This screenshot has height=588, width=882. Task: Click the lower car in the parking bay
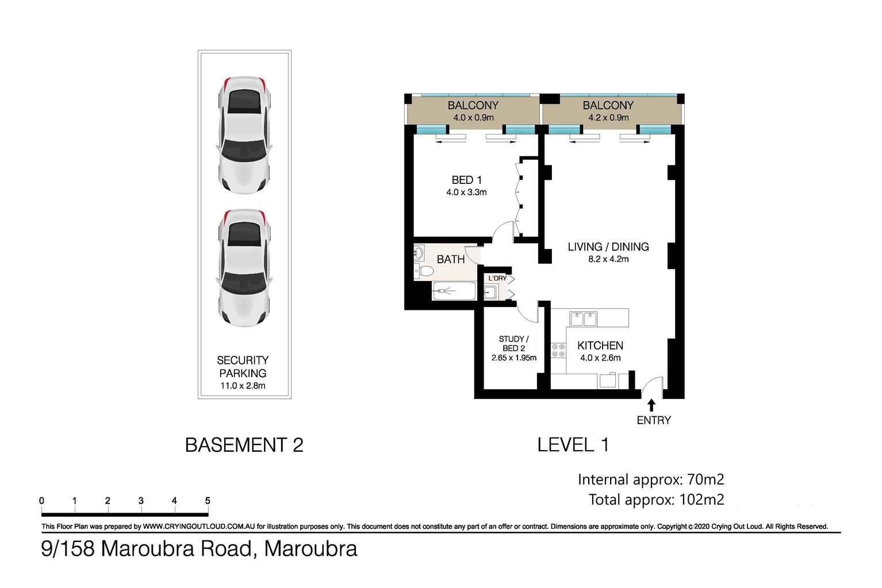pyautogui.click(x=244, y=268)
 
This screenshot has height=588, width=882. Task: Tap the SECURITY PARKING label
pyautogui.click(x=243, y=367)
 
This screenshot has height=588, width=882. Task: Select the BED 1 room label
pyautogui.click(x=466, y=180)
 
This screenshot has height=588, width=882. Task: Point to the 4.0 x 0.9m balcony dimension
pyautogui.click(x=473, y=118)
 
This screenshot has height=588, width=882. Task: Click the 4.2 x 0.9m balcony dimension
pyautogui.click(x=608, y=118)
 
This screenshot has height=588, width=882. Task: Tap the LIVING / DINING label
pyautogui.click(x=608, y=247)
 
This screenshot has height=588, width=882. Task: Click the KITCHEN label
pyautogui.click(x=600, y=345)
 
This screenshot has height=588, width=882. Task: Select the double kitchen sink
pyautogui.click(x=583, y=318)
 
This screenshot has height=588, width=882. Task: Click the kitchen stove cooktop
pyautogui.click(x=558, y=351)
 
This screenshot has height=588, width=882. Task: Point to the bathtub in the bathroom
pyautogui.click(x=454, y=291)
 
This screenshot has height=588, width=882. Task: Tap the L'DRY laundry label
pyautogui.click(x=497, y=278)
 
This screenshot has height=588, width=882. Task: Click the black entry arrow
pyautogui.click(x=651, y=405)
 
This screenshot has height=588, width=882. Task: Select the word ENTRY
pyautogui.click(x=654, y=420)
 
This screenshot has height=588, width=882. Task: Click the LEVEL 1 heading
pyautogui.click(x=573, y=445)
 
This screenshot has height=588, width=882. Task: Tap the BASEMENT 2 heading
pyautogui.click(x=244, y=445)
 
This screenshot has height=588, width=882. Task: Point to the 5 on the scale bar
pyautogui.click(x=208, y=501)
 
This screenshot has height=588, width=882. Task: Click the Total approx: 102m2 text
pyautogui.click(x=656, y=499)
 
